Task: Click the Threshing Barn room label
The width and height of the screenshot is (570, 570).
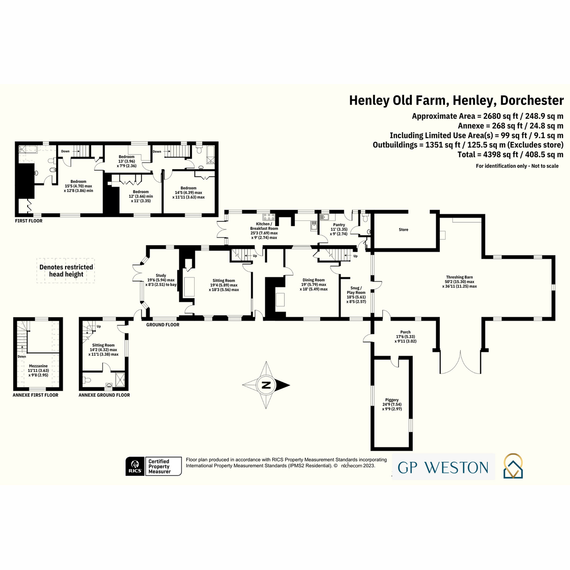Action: click(459, 277)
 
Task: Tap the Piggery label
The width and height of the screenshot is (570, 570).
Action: click(392, 399)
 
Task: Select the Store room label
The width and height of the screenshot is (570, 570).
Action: click(403, 229)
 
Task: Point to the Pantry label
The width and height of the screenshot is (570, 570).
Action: click(339, 225)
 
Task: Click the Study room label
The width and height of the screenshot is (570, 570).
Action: click(161, 275)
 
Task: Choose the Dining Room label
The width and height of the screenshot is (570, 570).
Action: click(313, 280)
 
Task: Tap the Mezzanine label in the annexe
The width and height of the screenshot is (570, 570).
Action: click(38, 366)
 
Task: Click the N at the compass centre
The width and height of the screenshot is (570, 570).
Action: click(266, 385)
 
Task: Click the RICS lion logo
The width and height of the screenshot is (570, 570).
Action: click(135, 466)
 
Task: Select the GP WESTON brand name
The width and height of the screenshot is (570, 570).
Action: click(443, 468)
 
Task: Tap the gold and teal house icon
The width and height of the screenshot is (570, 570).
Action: click(513, 466)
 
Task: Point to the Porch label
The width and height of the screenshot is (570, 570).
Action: click(406, 332)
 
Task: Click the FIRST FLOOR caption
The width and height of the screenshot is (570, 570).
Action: click(28, 221)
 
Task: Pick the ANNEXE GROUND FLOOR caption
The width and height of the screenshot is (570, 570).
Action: click(104, 395)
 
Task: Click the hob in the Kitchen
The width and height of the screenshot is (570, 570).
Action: click(269, 216)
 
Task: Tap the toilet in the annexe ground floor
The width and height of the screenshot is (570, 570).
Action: click(87, 380)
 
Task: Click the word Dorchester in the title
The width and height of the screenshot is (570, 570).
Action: click(532, 101)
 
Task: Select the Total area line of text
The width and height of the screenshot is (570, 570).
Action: click(510, 154)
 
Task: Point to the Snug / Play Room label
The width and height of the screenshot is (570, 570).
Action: click(356, 290)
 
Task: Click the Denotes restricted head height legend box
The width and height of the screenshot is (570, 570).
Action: click(66, 271)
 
